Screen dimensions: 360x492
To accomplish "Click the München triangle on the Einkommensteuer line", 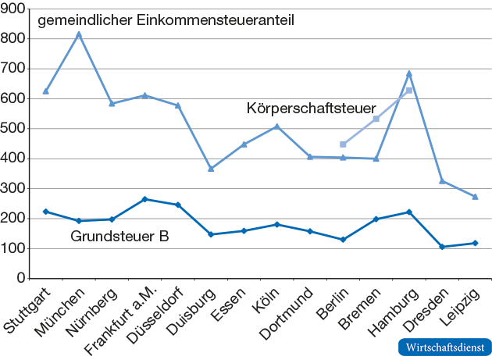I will (78, 34).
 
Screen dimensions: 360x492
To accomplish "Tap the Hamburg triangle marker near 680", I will (409, 74).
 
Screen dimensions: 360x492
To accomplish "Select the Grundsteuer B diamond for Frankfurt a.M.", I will (144, 199).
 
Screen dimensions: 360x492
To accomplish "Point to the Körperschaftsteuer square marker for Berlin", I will (343, 144).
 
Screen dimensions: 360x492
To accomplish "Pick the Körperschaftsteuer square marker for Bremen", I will (376, 119).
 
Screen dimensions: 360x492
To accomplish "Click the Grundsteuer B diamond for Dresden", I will (442, 247).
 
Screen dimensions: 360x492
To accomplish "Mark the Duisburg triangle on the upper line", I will (211, 168).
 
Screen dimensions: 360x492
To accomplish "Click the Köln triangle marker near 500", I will (277, 127).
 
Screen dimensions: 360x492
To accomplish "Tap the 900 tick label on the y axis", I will (15, 9).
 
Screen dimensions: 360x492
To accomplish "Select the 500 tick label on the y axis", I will (15, 129).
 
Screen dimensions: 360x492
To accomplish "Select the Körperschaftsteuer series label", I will (312, 108).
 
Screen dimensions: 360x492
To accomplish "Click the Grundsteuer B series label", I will (119, 236).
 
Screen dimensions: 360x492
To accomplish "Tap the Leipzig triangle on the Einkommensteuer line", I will (475, 196).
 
